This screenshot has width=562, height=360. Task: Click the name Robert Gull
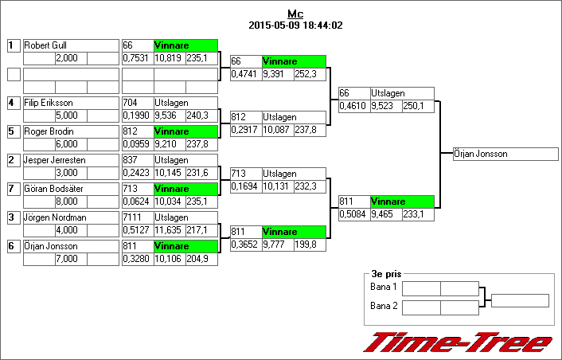point(46,46)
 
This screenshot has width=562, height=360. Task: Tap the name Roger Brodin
point(49,131)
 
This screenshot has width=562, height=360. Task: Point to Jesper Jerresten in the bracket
point(54,160)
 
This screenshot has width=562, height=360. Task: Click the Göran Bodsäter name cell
point(53,189)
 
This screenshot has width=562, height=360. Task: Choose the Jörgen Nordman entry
point(53,217)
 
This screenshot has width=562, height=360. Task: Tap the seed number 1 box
point(13,46)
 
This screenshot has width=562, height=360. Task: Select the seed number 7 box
point(13,189)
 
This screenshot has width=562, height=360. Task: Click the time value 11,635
point(168,230)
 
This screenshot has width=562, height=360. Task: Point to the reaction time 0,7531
point(137,59)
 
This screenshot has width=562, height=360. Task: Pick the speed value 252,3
point(307,74)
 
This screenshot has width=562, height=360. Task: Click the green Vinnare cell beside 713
point(185,189)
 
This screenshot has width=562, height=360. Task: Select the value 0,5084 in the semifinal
point(353,214)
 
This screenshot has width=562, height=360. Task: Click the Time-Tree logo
point(457,342)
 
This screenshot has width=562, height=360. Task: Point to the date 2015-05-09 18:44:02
point(295,25)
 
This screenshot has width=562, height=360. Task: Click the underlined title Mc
point(295,14)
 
